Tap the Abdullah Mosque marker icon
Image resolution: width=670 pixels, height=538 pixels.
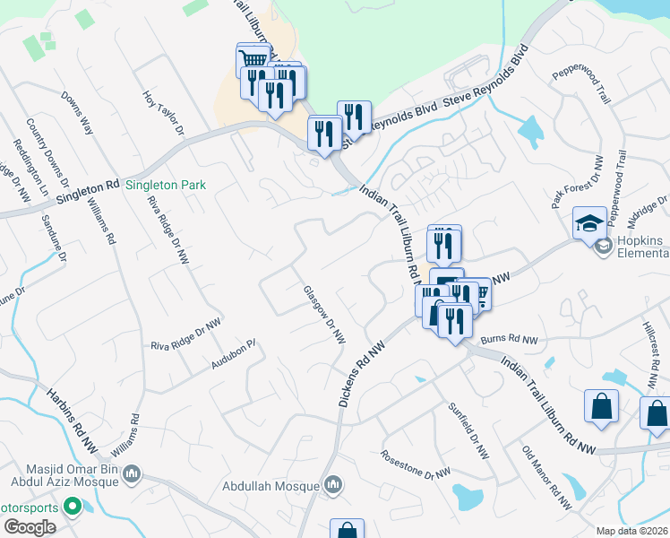(333, 485)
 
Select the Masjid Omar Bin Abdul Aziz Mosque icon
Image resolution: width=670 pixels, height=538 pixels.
(132, 473)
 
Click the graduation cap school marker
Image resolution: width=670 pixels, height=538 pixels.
(590, 222)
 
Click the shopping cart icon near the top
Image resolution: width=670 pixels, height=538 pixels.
(253, 59)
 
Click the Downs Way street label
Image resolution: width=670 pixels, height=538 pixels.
(77, 113)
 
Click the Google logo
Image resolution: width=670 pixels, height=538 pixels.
(30, 527)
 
